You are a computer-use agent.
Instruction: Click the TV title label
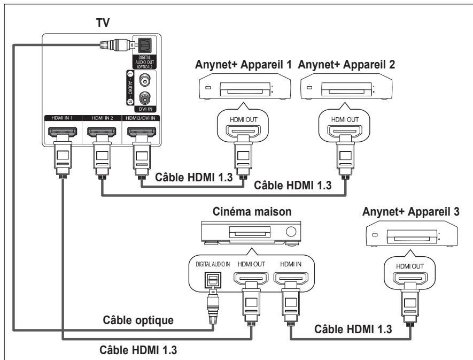[103, 22]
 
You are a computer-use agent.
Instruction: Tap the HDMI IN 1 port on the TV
[63, 132]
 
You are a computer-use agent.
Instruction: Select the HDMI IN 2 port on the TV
[102, 132]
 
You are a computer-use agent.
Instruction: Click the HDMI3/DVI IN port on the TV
[142, 132]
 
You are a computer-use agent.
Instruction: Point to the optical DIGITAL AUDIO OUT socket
[145, 45]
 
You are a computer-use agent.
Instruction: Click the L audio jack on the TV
[145, 80]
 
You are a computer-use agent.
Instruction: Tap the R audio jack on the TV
[145, 98]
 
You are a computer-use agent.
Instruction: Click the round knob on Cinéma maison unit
[291, 232]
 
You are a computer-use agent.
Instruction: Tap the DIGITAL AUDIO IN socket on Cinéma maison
[213, 280]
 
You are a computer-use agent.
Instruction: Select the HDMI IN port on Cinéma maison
[291, 278]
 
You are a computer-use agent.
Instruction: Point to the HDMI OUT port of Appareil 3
[409, 279]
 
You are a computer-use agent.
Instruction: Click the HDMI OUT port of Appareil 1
[243, 131]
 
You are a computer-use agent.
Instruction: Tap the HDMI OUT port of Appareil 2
[345, 131]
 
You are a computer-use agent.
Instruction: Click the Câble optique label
[138, 320]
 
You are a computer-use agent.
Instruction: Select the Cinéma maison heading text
[252, 212]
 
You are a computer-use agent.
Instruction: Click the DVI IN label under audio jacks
[145, 109]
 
